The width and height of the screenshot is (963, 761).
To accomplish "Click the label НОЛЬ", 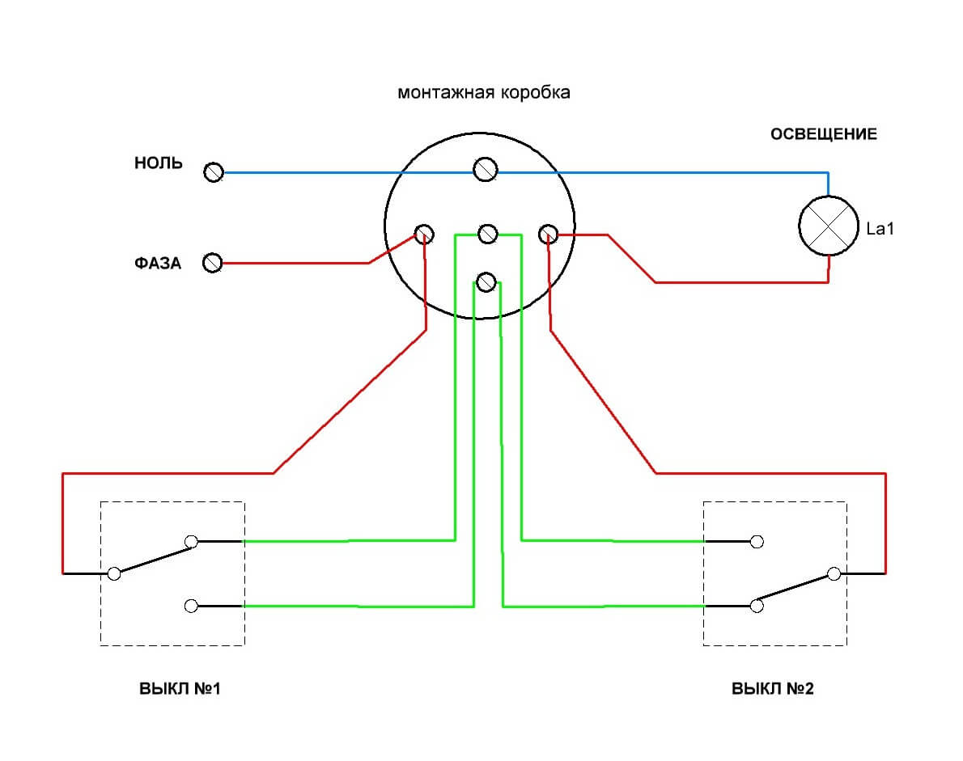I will pos(159,163).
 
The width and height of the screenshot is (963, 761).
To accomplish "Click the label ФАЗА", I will pos(158,263).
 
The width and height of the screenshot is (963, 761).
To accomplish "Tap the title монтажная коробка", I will pos(483,92).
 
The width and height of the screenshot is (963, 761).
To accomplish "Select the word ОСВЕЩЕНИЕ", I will pos(823,134).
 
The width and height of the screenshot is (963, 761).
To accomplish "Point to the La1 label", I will pos(880,229).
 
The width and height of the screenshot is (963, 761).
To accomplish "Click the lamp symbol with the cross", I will pos(828,227).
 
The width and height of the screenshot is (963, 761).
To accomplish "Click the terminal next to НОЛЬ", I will pos(214,172).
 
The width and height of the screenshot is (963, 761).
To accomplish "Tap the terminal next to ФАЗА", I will pos(213,263).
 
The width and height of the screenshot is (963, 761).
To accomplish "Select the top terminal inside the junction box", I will pos(485,170).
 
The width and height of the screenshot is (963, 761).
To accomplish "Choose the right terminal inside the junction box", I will pos(548,235).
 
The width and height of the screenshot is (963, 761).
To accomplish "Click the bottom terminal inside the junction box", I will pos(486,281).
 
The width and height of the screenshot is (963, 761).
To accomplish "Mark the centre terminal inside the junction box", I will pos(486,234).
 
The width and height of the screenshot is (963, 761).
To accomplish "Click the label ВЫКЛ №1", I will pos(180,690).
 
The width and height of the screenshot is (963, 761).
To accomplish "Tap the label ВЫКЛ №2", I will pos(773,690).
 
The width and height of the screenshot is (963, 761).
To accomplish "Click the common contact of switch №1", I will pos(114,573).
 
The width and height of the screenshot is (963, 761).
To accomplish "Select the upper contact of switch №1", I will pos(192,541).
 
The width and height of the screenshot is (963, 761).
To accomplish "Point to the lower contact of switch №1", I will pos(192,605).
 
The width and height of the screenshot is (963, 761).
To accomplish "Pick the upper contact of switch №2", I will pos(757,541).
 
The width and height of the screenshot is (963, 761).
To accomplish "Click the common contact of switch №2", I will pos(834,573).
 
